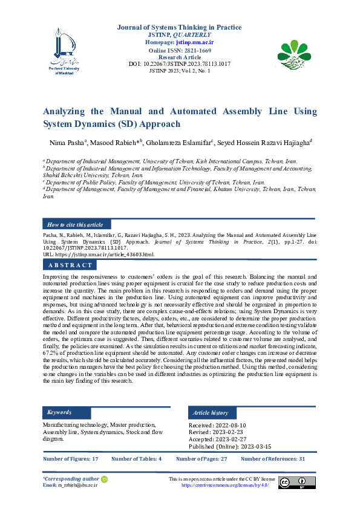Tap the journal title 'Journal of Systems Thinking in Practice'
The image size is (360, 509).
point(180,27)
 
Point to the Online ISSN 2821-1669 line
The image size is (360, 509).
point(180,50)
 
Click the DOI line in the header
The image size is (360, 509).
point(180,63)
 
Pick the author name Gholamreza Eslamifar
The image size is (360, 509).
point(178,143)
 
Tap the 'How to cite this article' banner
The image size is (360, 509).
point(75,224)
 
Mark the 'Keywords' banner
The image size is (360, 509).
point(59,412)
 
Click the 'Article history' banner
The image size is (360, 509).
point(211,412)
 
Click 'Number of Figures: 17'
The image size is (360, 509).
point(70,459)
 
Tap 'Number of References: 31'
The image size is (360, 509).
point(273,459)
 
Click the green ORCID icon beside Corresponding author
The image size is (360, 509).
point(104,479)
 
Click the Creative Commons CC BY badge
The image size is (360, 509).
point(297,482)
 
